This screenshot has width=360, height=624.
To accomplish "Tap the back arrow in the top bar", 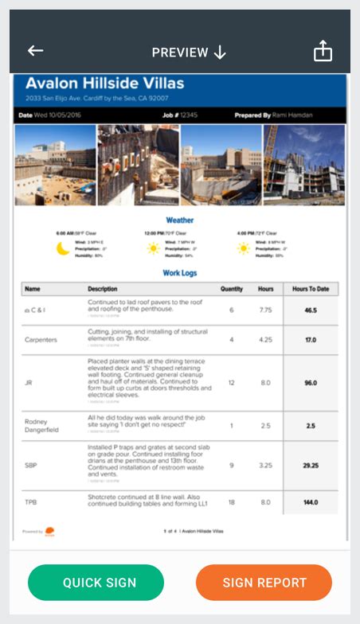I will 35,51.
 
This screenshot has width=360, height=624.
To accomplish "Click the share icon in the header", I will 322,51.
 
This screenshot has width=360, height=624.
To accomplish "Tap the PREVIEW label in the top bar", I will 180,52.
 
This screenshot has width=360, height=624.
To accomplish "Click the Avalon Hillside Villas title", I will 104,84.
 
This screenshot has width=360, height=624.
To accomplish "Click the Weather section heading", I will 179,220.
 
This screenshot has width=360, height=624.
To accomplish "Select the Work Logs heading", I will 179,273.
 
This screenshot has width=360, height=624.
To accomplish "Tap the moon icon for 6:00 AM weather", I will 63,248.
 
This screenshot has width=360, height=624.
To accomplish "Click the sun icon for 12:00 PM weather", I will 154,248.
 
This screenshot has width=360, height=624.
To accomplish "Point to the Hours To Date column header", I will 311,289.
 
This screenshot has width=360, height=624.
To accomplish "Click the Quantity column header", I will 232,289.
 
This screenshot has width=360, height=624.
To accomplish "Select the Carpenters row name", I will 41,339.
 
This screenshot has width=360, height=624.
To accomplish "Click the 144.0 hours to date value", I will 311,502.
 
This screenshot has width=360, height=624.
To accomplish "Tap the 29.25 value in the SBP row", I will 311,465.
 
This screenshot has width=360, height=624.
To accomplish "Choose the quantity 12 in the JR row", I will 232,383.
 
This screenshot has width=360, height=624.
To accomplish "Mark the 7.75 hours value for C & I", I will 266,310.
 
